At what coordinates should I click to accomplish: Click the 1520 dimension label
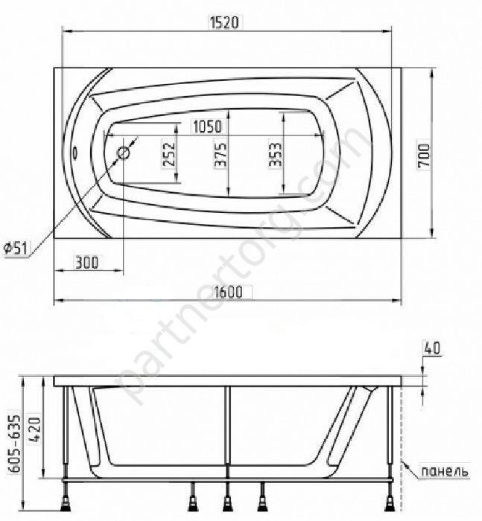224,22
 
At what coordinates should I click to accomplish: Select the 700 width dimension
423,156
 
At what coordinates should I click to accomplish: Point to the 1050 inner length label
207,127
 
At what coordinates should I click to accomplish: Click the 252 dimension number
168,154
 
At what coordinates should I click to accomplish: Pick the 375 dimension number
221,154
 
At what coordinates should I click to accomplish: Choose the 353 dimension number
275,154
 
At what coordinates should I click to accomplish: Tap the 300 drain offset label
87,262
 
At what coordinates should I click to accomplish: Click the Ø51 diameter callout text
16,248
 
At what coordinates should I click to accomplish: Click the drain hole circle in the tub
123,153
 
